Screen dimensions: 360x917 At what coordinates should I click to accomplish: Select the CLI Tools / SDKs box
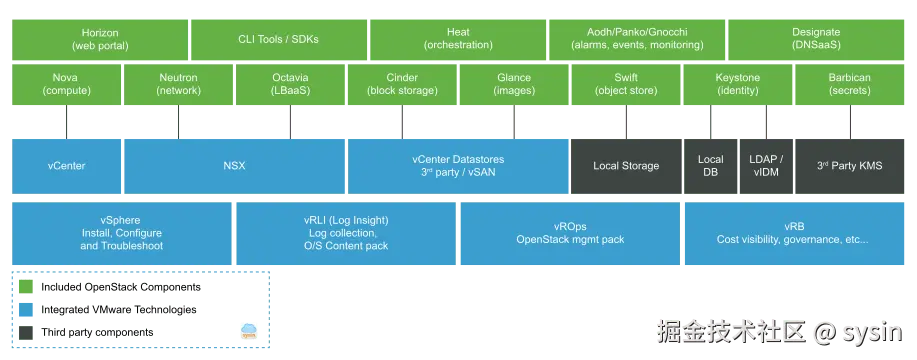pyautogui.click(x=279, y=39)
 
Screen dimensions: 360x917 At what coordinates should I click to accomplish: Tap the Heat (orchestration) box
pyautogui.click(x=458, y=39)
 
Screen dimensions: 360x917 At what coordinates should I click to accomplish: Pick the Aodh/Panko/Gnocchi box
pyautogui.click(x=637, y=39)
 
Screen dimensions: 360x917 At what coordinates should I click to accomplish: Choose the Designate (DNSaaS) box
pyautogui.click(x=816, y=39)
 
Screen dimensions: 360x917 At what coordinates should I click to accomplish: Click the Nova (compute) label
pyautogui.click(x=66, y=84)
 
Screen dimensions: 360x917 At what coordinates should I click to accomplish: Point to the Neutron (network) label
pyautogui.click(x=178, y=84)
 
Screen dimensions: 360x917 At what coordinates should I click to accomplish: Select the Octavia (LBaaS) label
pyautogui.click(x=290, y=84)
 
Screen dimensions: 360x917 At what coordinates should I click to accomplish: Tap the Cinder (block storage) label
pyautogui.click(x=402, y=84)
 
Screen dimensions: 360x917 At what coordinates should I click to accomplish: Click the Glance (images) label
pyautogui.click(x=514, y=84)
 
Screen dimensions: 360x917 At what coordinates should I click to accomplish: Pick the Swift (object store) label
pyautogui.click(x=626, y=84)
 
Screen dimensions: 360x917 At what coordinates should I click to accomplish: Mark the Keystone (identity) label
pyautogui.click(x=738, y=84)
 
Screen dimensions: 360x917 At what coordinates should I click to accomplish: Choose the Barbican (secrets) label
pyautogui.click(x=850, y=84)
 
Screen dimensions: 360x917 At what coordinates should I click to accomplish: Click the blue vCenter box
pyautogui.click(x=66, y=165)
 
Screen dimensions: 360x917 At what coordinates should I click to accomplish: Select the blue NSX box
pyautogui.click(x=234, y=165)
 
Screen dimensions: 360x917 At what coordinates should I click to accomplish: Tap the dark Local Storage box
pyautogui.click(x=626, y=165)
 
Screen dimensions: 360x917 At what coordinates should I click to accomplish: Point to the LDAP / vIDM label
pyautogui.click(x=766, y=165)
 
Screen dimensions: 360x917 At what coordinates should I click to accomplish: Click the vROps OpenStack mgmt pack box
pyautogui.click(x=570, y=233)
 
